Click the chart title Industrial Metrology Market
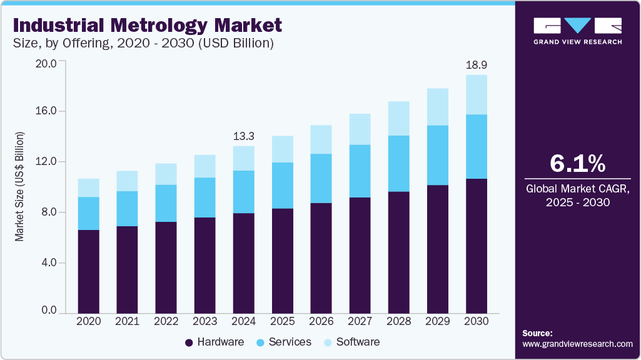tap(147, 25)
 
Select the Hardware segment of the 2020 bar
tap(88, 271)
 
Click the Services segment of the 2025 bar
tap(282, 185)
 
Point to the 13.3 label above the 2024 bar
tap(243, 136)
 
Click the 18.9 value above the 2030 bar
tap(476, 65)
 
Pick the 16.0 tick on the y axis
tap(48, 111)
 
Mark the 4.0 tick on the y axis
tap(48, 262)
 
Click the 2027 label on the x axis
tap(360, 321)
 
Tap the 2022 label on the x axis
tap(166, 321)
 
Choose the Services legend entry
tap(283, 342)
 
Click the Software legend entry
tap(351, 342)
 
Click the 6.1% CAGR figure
tap(577, 164)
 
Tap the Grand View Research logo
tap(577, 31)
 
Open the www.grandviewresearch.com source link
tap(577, 344)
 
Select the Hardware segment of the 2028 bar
tap(398, 252)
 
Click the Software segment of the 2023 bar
tap(204, 166)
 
